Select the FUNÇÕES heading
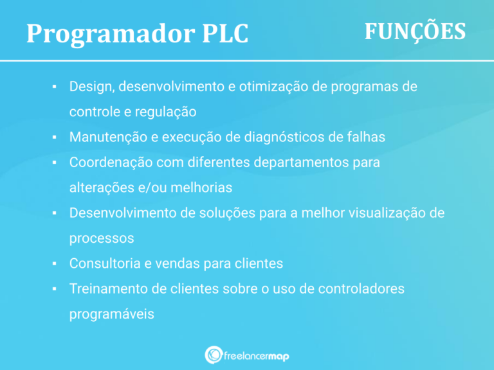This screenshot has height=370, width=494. pyautogui.click(x=415, y=31)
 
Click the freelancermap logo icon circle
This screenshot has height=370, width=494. pyautogui.click(x=214, y=355)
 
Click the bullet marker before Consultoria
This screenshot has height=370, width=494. pyautogui.click(x=55, y=263)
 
